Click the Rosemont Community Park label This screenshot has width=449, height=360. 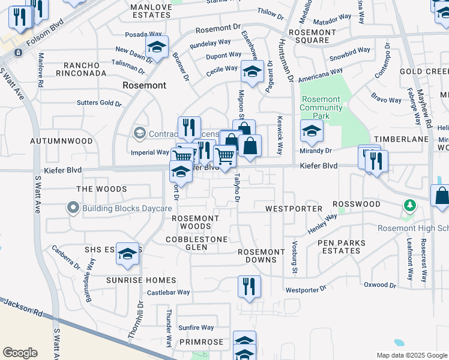click(321, 108)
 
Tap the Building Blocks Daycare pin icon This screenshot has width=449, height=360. click(73, 208)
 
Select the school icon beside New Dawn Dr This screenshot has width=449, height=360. click(157, 48)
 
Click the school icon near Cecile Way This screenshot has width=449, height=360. click(252, 73)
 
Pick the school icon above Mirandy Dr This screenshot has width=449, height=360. click(312, 131)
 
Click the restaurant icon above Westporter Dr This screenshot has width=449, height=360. click(249, 287)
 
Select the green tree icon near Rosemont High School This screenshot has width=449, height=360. click(410, 206)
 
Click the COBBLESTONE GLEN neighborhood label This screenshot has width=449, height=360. click(197, 243)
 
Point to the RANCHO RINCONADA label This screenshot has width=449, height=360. click(81, 69)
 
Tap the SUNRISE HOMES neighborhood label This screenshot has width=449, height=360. click(142, 280)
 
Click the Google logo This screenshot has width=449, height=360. click(20, 353)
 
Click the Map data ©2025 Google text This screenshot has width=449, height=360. click(411, 355)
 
